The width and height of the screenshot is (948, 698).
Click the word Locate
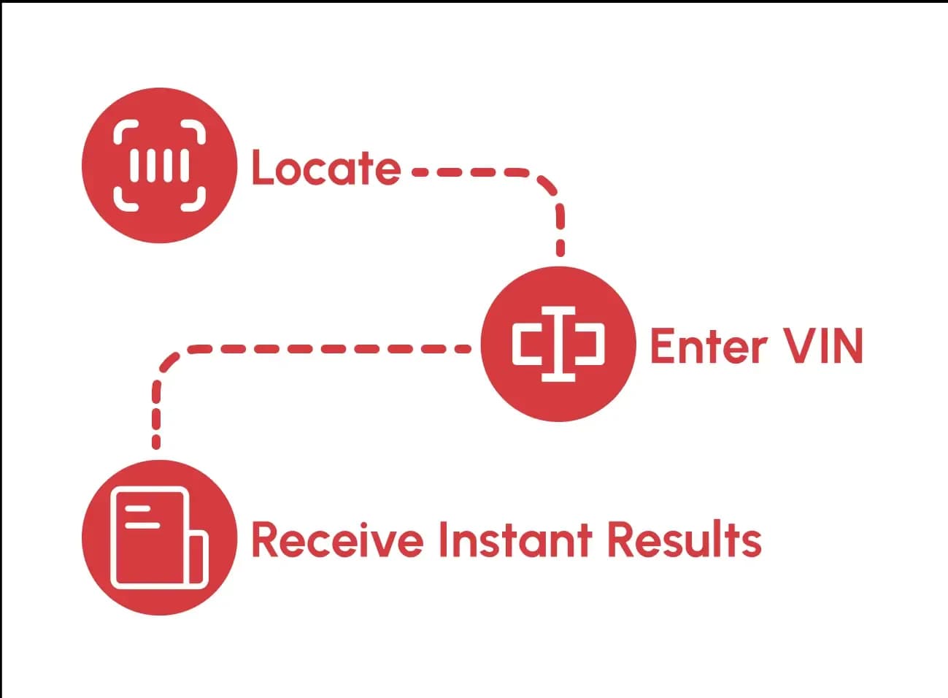pyautogui.click(x=325, y=169)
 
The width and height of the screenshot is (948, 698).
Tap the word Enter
pyautogui.click(x=708, y=346)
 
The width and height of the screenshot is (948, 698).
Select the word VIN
pyautogui.click(x=824, y=346)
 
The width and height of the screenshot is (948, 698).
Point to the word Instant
pyautogui.click(x=515, y=540)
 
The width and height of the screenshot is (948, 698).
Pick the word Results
pyautogui.click(x=685, y=540)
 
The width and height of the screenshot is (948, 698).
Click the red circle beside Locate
pyautogui.click(x=159, y=166)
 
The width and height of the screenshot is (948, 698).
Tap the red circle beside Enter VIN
pyautogui.click(x=558, y=344)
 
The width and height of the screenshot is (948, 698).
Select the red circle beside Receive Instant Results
pyautogui.click(x=159, y=538)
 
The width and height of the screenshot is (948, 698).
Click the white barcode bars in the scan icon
pyautogui.click(x=159, y=166)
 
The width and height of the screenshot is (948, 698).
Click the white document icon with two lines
pyautogui.click(x=150, y=538)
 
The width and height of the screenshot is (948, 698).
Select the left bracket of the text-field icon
pyautogui.click(x=525, y=344)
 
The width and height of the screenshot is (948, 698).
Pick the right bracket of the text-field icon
pyautogui.click(x=593, y=344)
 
